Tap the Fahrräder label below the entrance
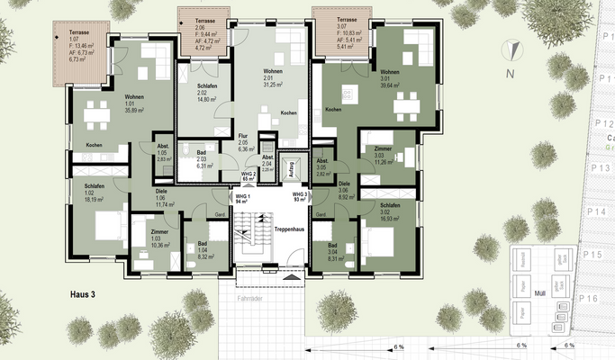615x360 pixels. (x=250, y=297)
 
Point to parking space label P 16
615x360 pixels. (x=590, y=297)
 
